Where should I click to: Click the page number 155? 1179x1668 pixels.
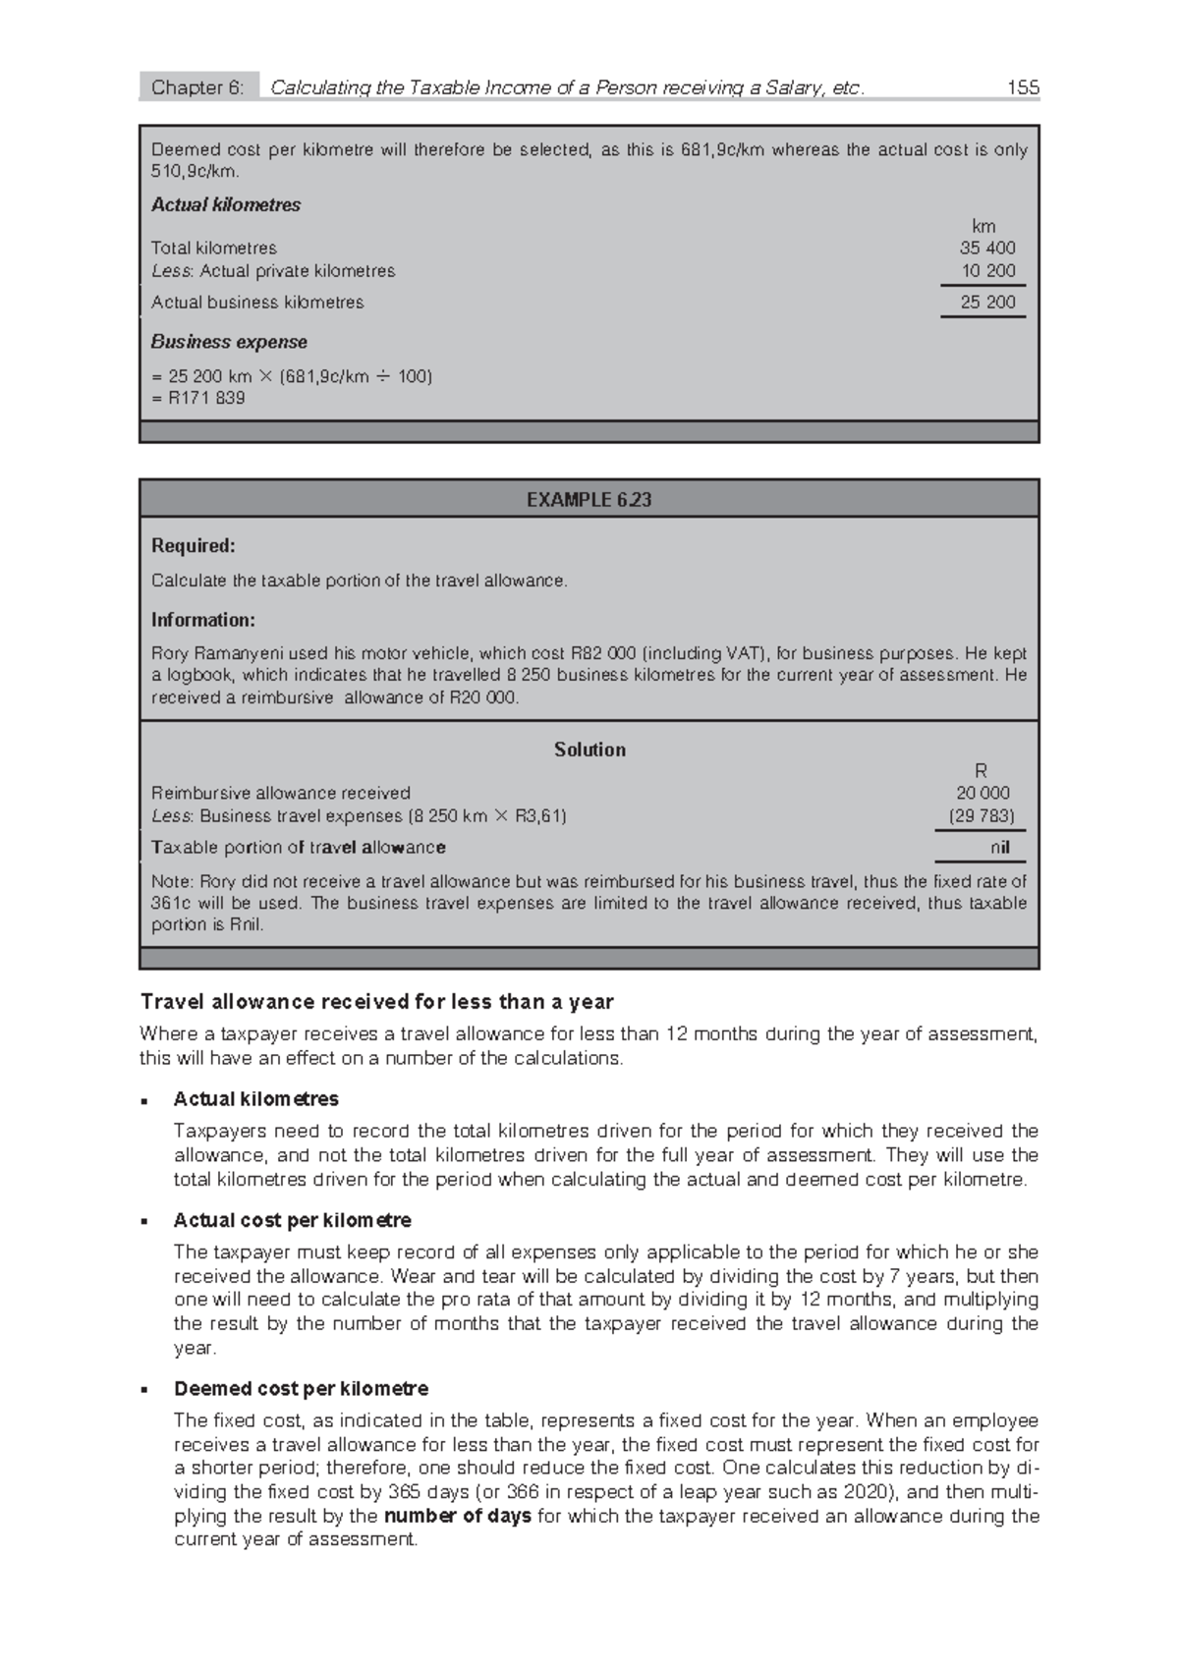1023,87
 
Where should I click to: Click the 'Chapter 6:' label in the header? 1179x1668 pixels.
196,87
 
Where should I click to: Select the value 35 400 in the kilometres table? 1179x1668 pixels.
987,248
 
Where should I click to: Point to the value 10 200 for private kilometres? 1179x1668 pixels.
987,271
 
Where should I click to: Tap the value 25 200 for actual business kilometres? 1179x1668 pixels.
987,303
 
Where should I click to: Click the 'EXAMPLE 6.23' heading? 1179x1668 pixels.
589,500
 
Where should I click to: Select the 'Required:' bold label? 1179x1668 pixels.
194,545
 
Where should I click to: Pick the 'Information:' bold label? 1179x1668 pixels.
203,620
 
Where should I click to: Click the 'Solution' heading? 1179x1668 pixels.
589,750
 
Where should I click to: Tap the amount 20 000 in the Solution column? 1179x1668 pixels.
982,793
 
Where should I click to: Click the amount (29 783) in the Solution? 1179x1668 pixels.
982,816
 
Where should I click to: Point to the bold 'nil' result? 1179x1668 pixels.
1000,848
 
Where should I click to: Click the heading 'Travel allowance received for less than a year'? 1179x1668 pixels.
377,1002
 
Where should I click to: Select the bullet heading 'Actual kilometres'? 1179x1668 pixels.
255,1098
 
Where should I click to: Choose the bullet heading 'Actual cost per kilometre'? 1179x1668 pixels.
292,1220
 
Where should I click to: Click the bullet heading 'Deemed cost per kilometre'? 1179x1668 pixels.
301,1389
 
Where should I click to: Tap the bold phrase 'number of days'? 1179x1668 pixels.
457,1516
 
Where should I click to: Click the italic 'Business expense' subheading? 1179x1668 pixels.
229,342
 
